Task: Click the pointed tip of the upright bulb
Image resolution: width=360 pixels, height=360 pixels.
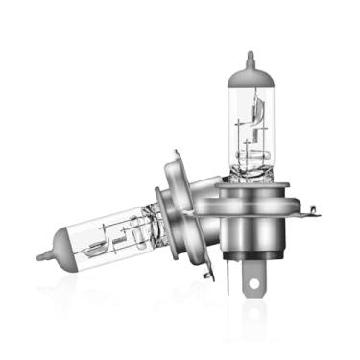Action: tap(250, 54)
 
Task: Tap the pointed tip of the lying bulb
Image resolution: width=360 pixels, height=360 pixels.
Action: tap(40, 256)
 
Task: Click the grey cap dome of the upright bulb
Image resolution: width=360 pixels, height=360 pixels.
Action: tap(250, 72)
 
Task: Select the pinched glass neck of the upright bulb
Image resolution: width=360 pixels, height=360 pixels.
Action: tap(252, 174)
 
